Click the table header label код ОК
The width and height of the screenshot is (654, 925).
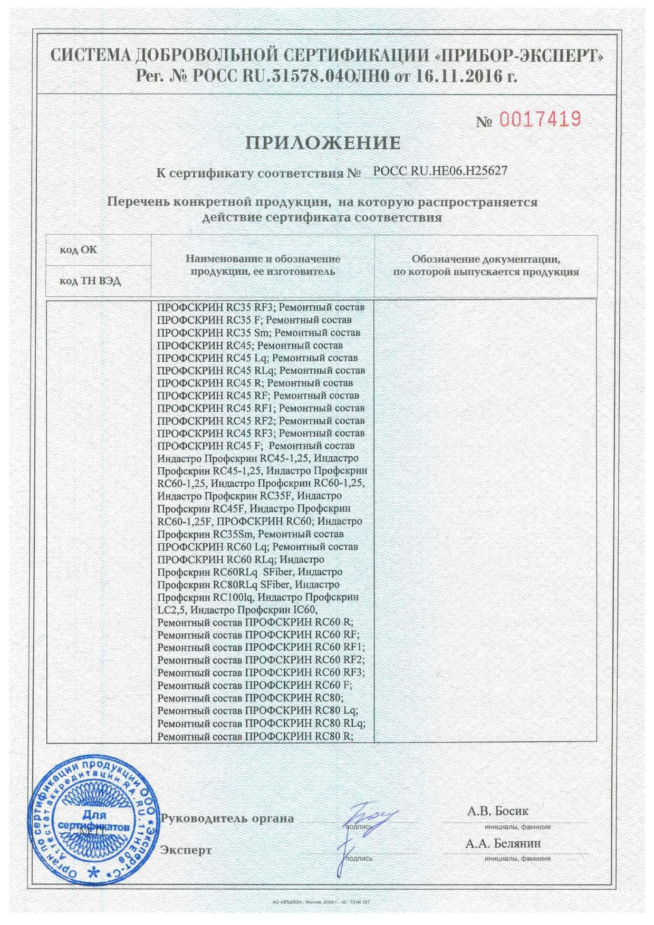79,249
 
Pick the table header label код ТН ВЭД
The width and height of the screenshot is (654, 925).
90,281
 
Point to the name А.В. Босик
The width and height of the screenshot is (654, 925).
497,811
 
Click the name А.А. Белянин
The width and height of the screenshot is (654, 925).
503,843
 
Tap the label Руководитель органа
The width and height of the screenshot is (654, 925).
227,818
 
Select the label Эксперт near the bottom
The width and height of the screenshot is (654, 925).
186,850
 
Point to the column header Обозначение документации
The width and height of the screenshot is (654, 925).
485,259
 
